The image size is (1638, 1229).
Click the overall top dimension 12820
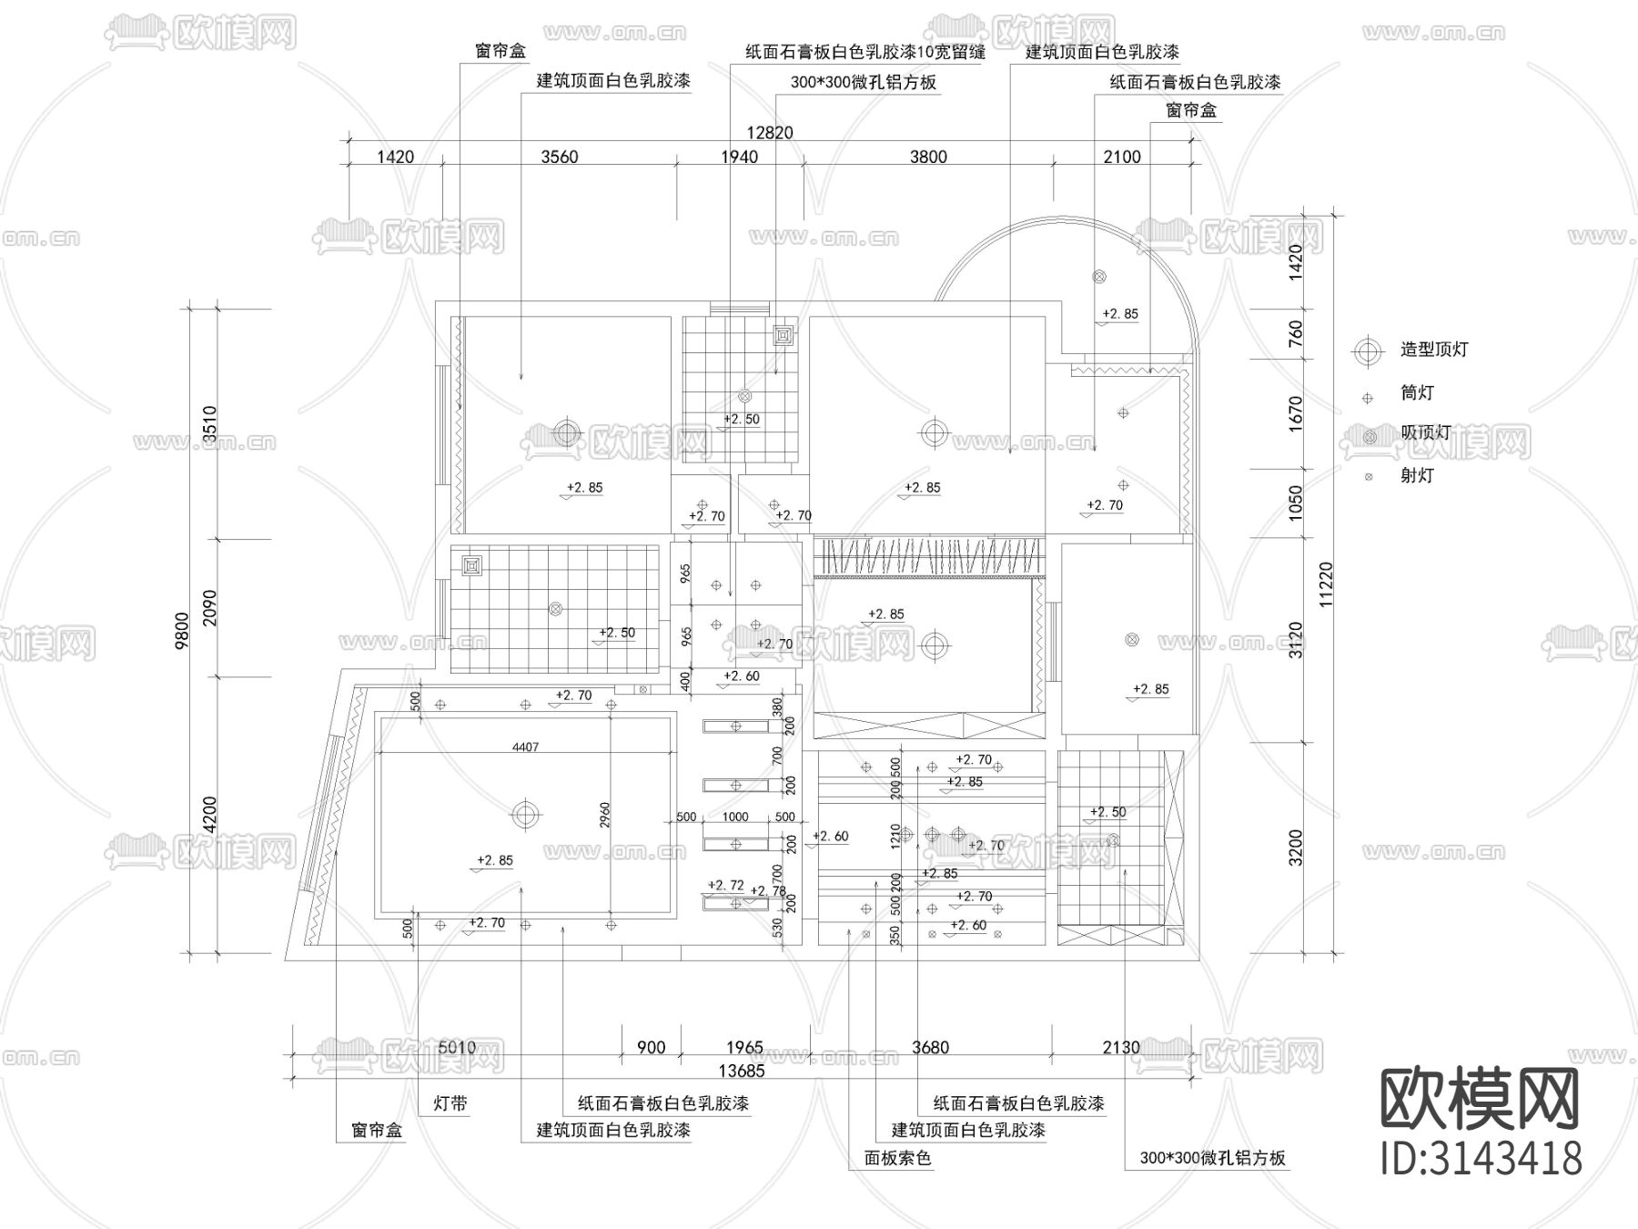pos(770,133)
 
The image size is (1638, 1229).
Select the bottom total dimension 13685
pos(742,1071)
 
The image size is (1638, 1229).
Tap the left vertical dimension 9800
pos(183,630)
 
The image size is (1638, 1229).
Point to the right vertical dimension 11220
pos(1325,584)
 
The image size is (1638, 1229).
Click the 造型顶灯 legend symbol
pos(1367,350)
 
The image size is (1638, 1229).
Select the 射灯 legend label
pos(1417,475)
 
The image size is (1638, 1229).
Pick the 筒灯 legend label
pos(1417,393)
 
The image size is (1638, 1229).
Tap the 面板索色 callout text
pos(897,1158)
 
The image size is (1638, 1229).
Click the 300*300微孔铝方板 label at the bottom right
pos(1212,1158)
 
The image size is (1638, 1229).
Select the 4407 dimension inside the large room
pos(525,747)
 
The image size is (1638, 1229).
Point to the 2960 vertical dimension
pos(604,815)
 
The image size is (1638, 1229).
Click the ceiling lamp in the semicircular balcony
pos(1099,276)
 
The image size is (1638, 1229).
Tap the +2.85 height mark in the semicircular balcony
pos(1119,314)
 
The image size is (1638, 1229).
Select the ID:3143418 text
pos(1481,1159)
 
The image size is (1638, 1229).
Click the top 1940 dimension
pos(739,157)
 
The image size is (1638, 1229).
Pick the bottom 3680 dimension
pos(929,1048)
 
